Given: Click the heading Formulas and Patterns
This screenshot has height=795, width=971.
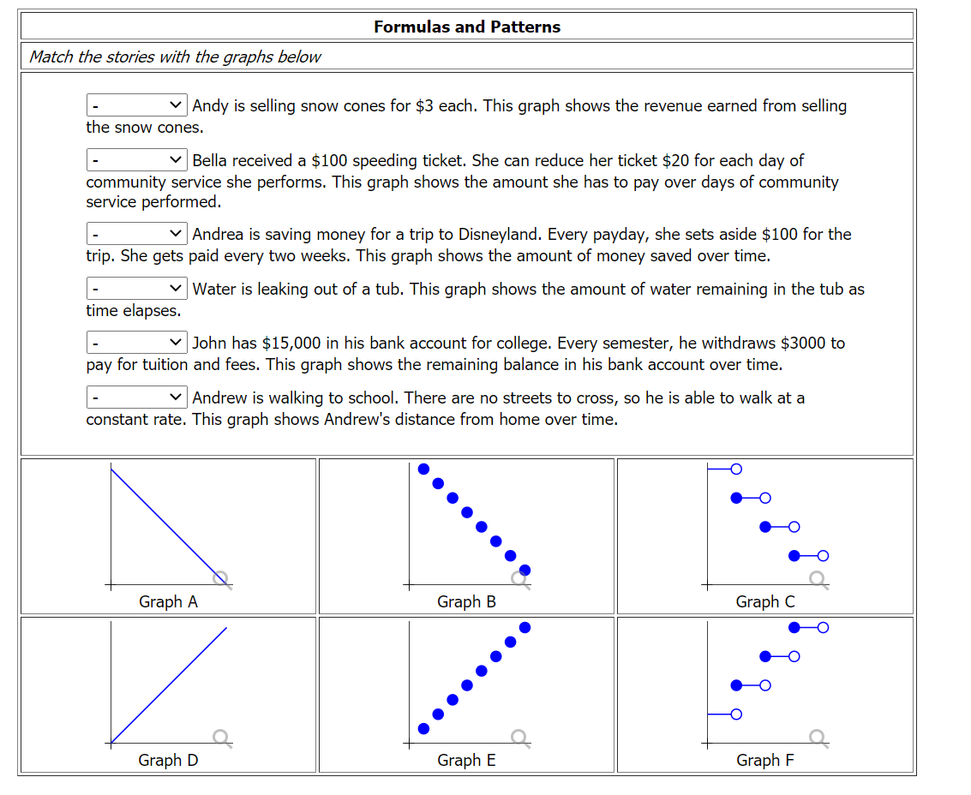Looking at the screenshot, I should pos(467,27).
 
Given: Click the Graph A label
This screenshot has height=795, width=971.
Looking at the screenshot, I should pos(168,601).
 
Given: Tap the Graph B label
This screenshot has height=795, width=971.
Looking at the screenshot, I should pos(466,601).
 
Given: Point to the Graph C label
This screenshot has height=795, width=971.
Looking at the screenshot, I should pos(765,601).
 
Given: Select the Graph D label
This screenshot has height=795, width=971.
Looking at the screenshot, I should pos(168,760).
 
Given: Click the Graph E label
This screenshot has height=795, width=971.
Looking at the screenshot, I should pos(466,760).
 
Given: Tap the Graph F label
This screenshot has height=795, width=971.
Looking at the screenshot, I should pos(765,760).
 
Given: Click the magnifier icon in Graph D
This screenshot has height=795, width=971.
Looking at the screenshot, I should pos(221,737).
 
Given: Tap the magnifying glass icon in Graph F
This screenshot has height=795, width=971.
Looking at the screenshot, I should pos(818,737).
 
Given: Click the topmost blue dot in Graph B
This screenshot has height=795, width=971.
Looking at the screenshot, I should pos(423,469).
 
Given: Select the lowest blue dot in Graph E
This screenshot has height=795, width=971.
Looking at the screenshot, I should pos(423,728).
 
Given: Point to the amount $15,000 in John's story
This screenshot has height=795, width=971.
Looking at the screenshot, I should pos(290,344).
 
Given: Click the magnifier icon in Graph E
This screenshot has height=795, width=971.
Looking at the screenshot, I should pos(519,737).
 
